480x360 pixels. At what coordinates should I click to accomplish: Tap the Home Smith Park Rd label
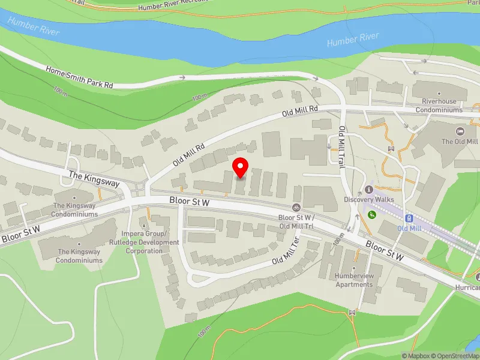80,77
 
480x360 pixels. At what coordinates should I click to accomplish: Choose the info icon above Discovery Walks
369,190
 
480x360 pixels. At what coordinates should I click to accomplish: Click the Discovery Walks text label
368,199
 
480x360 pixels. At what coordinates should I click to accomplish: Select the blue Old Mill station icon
409,218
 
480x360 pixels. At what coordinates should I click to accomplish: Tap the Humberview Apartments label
354,280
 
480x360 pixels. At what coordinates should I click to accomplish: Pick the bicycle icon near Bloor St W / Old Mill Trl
296,208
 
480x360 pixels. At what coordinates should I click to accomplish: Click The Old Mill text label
460,142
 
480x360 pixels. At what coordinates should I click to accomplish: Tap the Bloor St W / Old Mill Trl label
296,221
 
